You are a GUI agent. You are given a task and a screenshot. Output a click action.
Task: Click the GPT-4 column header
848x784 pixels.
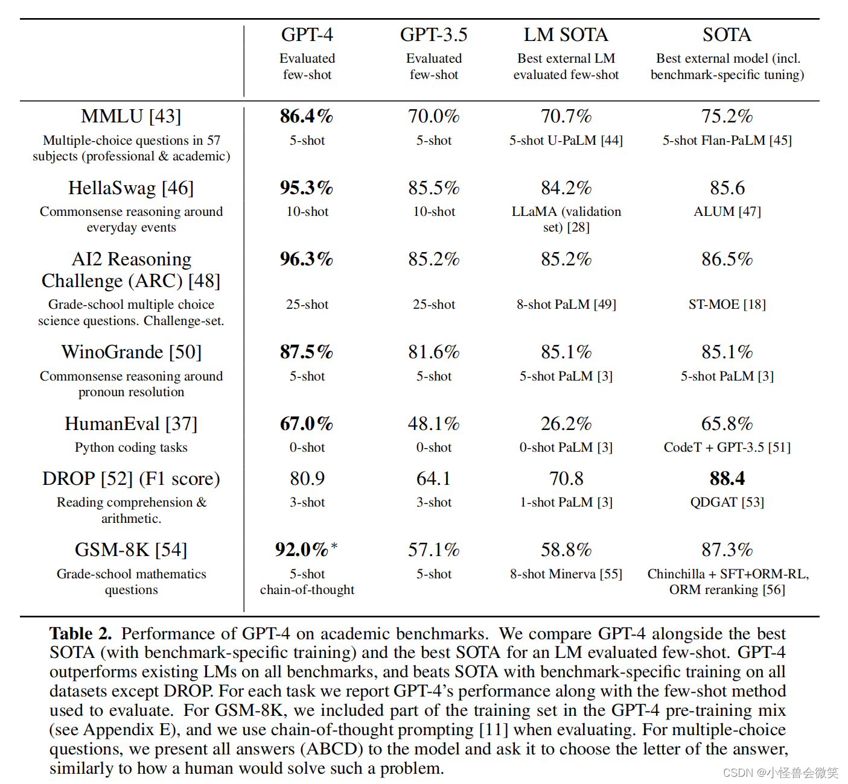(307, 35)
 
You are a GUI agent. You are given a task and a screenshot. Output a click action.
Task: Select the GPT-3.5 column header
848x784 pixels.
(433, 35)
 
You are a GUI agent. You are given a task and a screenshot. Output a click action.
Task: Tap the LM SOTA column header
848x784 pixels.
(566, 35)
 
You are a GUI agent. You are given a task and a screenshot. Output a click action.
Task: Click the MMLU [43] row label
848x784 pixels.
(131, 116)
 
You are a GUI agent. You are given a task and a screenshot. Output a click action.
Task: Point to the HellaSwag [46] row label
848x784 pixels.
(131, 188)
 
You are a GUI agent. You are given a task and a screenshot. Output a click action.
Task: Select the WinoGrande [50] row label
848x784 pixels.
(131, 352)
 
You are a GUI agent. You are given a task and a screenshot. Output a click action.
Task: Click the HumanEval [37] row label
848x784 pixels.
(131, 423)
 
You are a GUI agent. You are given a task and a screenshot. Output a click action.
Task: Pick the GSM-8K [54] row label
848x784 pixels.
(131, 549)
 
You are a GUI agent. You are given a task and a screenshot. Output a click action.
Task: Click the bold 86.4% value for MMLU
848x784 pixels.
(307, 116)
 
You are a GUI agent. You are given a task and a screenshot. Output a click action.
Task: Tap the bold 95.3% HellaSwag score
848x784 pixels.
(307, 188)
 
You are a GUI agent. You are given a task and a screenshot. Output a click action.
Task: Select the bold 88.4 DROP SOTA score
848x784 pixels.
(727, 478)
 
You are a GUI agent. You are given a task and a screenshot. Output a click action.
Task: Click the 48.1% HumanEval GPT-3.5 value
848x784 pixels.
(433, 423)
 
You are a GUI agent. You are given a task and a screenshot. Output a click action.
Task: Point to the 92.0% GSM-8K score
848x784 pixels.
(302, 549)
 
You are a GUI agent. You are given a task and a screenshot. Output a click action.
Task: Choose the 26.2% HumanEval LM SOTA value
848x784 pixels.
(566, 423)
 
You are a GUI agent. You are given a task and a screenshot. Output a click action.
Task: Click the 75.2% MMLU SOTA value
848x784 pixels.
(727, 116)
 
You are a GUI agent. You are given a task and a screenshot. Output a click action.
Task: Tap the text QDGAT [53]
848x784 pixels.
(727, 502)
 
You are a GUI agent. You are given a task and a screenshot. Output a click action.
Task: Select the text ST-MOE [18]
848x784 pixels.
(727, 305)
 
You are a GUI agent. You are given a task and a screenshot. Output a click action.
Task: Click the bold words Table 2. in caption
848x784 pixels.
(81, 633)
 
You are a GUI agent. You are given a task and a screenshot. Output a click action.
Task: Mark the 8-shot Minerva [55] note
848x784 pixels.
(566, 574)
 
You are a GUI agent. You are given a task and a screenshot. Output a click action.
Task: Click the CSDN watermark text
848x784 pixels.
(780, 773)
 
